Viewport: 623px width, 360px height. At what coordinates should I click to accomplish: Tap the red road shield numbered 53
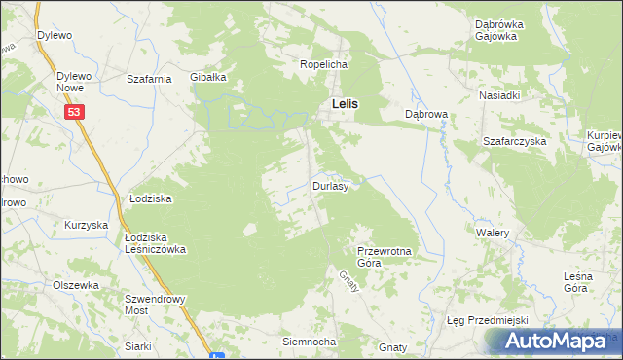76,113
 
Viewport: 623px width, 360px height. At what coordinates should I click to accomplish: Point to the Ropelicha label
323,64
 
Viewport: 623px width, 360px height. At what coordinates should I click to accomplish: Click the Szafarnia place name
150,78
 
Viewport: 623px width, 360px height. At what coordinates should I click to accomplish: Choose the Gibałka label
208,77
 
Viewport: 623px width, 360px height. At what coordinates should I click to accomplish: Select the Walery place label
493,234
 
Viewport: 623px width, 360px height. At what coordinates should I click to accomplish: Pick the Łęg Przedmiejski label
486,321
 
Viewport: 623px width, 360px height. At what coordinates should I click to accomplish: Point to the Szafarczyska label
515,141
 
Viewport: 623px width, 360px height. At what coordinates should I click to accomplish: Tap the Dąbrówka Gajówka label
500,30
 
